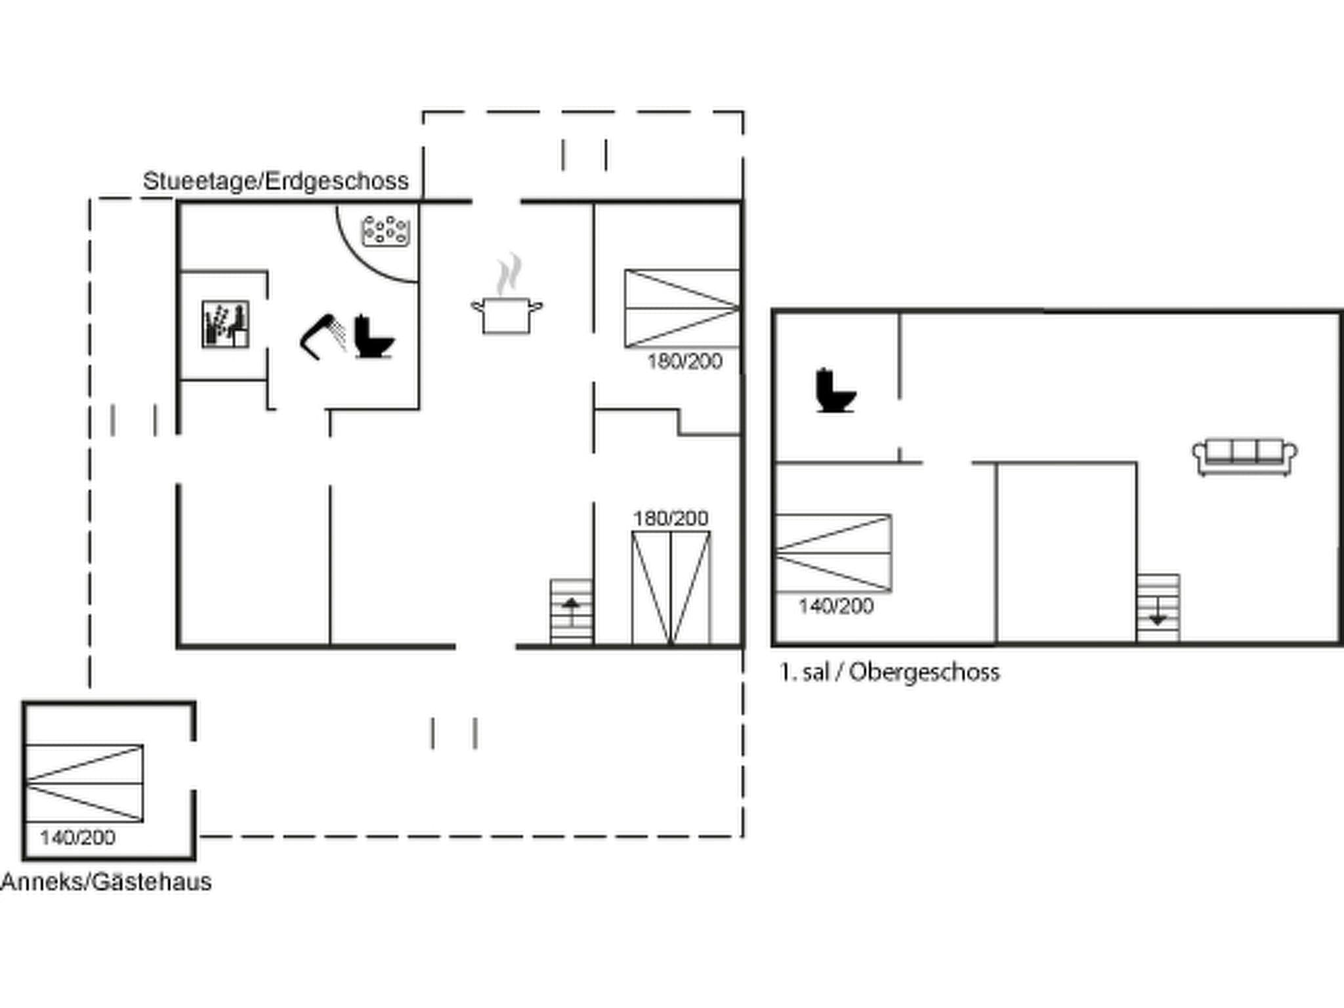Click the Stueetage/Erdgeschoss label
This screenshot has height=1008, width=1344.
(x=276, y=181)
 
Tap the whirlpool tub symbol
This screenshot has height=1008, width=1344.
(x=387, y=231)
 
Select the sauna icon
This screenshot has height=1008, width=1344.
(x=225, y=324)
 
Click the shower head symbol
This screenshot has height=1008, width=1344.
(x=323, y=337)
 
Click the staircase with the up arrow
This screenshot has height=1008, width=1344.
(x=571, y=611)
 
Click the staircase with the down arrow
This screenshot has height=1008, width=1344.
(x=1158, y=608)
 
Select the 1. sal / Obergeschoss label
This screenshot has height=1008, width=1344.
(x=889, y=673)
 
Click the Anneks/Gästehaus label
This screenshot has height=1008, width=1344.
(x=106, y=881)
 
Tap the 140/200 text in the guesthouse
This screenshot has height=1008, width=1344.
(x=77, y=838)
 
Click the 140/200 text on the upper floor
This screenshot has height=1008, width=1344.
(x=835, y=606)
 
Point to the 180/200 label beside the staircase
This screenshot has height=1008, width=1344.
(x=670, y=518)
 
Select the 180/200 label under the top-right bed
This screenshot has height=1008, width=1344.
(x=684, y=362)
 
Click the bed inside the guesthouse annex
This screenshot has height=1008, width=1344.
(x=84, y=783)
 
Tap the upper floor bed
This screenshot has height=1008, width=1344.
(x=833, y=553)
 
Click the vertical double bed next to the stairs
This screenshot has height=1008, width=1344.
(x=671, y=587)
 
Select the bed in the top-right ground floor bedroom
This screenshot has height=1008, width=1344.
(x=682, y=308)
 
